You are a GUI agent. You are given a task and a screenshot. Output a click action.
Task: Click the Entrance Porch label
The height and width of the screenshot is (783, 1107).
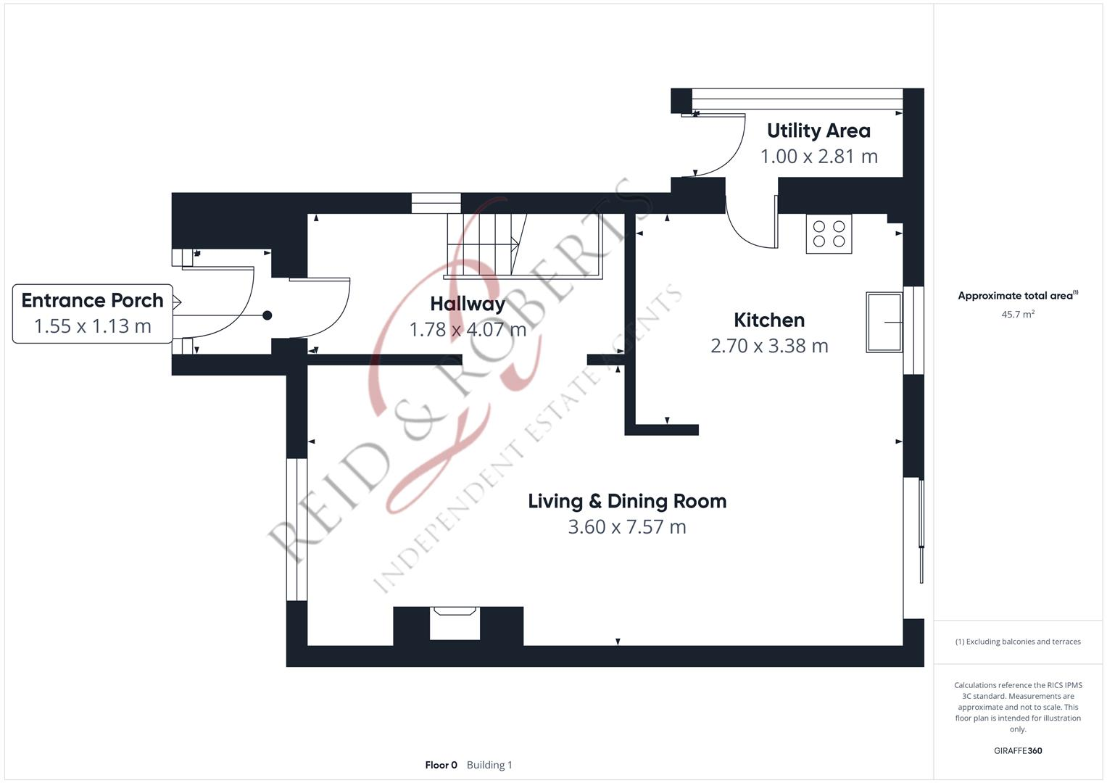click(92, 300)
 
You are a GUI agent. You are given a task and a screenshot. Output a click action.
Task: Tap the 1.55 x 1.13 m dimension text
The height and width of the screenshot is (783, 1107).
click(92, 326)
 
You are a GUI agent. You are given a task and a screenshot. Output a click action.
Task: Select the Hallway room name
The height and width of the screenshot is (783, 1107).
click(467, 304)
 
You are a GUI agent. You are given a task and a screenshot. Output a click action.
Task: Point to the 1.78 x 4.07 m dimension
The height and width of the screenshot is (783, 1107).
click(467, 330)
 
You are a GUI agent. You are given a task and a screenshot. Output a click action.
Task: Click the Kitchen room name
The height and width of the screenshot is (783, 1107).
click(768, 320)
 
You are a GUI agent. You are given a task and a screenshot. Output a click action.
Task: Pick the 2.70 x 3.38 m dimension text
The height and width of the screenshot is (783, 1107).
click(768, 346)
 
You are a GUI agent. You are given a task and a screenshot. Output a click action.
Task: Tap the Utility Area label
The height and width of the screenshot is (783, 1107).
click(818, 130)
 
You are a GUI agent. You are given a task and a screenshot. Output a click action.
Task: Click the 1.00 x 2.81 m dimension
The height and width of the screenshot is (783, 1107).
click(818, 157)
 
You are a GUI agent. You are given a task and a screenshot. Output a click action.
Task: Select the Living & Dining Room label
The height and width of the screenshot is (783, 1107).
click(626, 501)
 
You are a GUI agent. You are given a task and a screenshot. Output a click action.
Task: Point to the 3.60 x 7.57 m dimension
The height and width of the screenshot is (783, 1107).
click(626, 527)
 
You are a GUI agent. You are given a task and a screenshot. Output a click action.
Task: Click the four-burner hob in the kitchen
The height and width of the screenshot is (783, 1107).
click(829, 234)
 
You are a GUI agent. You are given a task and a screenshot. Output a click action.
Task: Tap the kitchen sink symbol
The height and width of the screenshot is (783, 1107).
click(884, 322)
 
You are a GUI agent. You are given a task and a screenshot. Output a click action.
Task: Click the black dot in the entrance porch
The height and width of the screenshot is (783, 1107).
click(267, 315)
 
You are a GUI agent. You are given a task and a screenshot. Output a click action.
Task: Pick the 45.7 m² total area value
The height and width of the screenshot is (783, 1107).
click(1017, 315)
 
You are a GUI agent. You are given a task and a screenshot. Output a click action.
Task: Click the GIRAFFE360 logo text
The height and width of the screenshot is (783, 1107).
click(1017, 750)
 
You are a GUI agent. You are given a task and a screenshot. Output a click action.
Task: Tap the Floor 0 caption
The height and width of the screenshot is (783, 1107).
click(441, 765)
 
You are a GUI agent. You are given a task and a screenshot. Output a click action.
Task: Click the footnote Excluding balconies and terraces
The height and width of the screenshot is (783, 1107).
click(1017, 642)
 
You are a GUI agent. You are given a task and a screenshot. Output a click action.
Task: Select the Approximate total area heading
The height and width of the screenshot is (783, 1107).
click(1017, 296)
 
